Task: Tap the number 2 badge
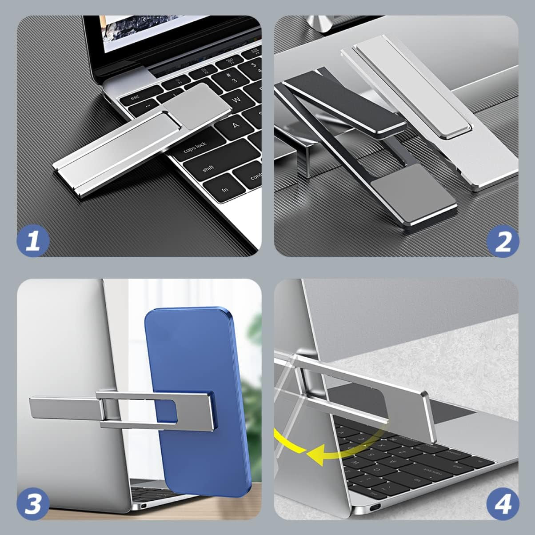(503, 241)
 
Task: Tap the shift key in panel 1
(209, 168)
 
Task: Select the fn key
(226, 188)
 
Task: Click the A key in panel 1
(235, 126)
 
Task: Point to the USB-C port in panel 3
(144, 506)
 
